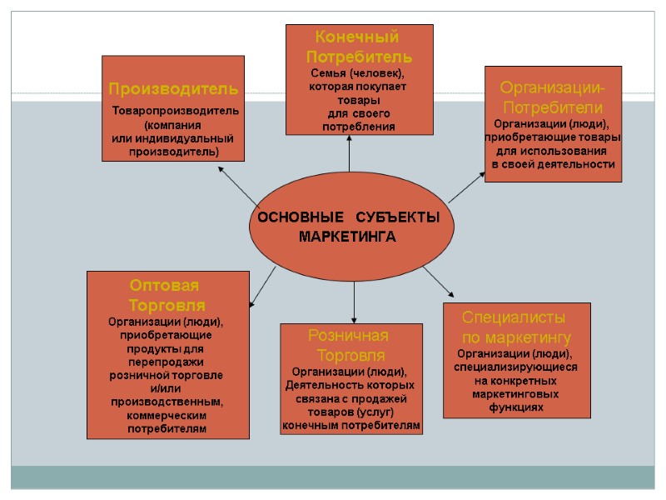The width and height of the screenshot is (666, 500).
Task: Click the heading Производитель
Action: tap(173, 87)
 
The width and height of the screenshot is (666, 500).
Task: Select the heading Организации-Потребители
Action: tap(553, 97)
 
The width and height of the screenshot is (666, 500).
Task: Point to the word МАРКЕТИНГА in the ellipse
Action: tap(348, 237)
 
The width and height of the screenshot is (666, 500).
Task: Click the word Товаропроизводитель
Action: tap(176, 111)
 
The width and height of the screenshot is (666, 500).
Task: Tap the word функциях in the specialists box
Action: tap(516, 407)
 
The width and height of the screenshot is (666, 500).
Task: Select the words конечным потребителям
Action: tap(351, 426)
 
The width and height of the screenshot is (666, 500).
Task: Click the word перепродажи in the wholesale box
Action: tap(166, 362)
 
